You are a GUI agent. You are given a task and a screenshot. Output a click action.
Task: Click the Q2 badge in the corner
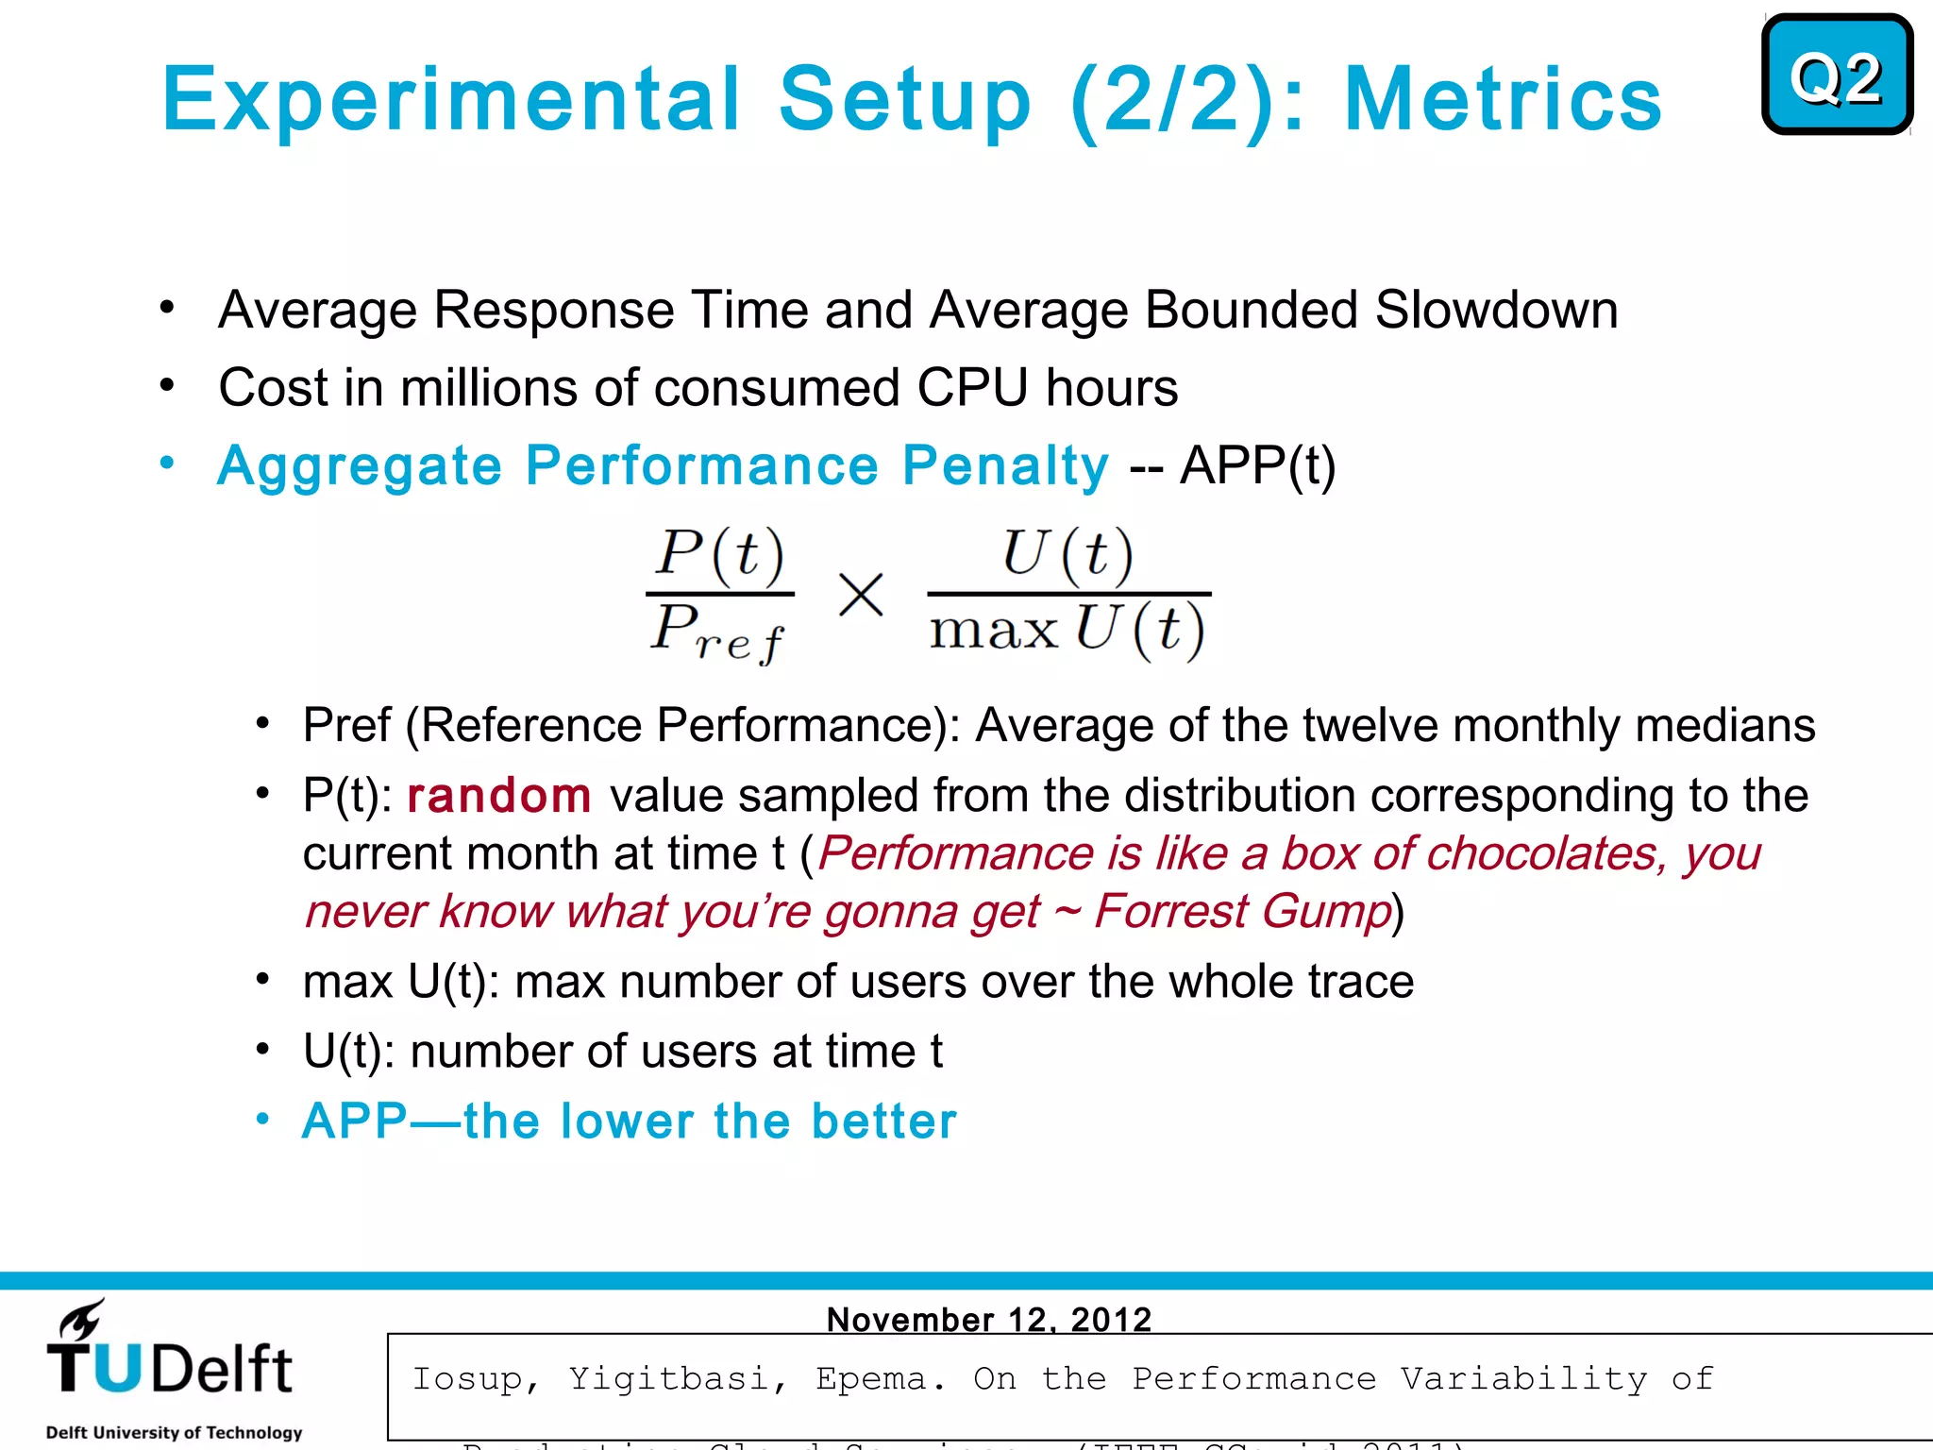tap(1836, 76)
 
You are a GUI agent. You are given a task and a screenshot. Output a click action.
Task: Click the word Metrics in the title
tap(1503, 100)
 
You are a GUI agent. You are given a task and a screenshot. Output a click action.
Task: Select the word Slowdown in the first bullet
tap(1496, 310)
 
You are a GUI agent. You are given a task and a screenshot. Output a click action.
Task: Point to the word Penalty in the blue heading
tap(1005, 465)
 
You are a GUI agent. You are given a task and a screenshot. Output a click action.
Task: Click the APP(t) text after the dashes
tap(1258, 465)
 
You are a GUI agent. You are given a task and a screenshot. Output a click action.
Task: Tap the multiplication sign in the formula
tap(861, 595)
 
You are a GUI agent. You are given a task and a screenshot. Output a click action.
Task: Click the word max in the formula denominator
tap(994, 631)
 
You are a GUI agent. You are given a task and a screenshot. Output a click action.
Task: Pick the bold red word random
tap(498, 795)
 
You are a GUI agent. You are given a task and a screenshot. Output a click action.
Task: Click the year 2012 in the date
tap(1111, 1319)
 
